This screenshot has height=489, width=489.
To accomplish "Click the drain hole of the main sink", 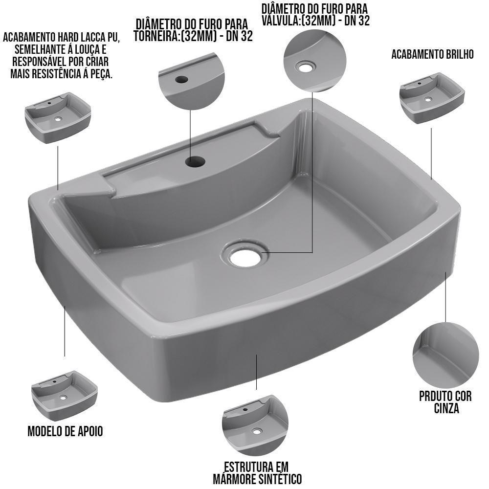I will tap(244, 256).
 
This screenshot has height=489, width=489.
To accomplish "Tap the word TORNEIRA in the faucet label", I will tap(157, 37).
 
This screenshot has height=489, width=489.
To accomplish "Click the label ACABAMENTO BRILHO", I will tap(432, 54).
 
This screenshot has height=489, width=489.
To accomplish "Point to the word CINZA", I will tap(446, 408).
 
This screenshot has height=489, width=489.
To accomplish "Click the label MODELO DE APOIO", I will tap(65, 431).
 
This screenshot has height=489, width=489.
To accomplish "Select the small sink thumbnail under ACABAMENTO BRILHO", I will tap(431, 98).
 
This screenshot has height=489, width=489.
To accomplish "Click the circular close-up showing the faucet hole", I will tap(187, 80).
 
